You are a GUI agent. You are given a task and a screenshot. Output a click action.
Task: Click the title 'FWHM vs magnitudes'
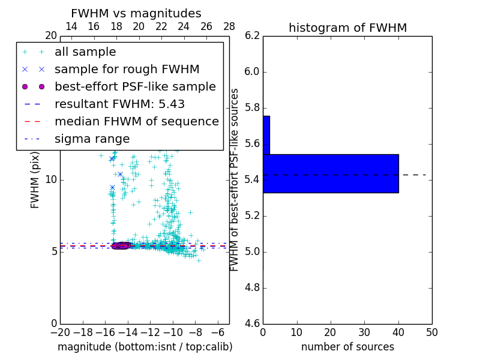point(136,13)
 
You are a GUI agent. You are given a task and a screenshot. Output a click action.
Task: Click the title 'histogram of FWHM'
point(347,28)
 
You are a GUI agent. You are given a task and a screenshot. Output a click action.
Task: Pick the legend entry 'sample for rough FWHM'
point(127,70)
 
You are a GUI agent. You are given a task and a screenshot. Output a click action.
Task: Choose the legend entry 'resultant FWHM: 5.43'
point(119,104)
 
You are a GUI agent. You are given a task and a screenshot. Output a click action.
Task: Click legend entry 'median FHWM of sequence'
point(136,122)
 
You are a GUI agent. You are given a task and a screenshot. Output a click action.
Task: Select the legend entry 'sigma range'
point(92,139)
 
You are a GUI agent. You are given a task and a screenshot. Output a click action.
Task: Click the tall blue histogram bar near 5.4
point(331,173)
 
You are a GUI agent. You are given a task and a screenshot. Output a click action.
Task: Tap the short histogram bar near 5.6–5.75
point(266,135)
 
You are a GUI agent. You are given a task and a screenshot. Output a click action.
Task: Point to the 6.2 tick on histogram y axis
point(252,36)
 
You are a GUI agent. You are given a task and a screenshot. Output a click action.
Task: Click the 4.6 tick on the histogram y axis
point(252,324)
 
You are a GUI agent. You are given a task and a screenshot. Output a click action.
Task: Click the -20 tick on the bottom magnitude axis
point(60,332)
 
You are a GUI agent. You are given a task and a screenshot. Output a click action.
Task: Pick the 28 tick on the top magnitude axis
point(229,26)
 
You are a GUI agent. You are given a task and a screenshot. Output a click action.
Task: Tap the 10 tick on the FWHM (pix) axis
point(50,180)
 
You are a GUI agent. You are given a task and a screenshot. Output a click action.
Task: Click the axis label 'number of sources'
point(347,347)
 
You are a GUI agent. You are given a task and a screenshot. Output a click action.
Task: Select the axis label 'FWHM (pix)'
point(35,180)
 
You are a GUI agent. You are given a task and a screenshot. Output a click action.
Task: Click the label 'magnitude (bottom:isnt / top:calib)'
point(145,347)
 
